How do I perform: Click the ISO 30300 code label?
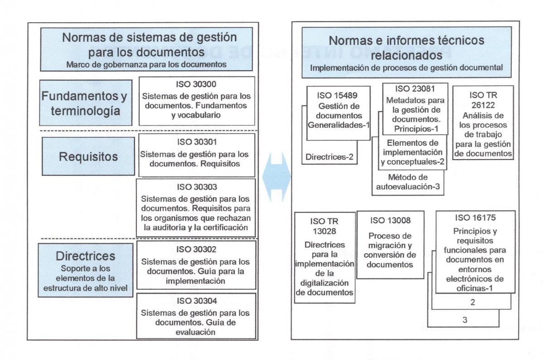(x=196, y=84)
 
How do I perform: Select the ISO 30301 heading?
(x=197, y=142)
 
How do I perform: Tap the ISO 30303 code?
(x=197, y=187)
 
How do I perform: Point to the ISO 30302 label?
(x=196, y=249)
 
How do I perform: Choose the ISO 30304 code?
(x=197, y=301)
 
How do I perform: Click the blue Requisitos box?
(x=88, y=156)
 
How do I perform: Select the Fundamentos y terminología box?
(x=86, y=103)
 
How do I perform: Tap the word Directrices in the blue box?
(x=86, y=256)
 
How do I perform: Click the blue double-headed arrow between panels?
(x=277, y=177)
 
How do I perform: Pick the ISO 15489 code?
(x=337, y=96)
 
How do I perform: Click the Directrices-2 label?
(x=329, y=157)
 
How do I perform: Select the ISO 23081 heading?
(x=415, y=89)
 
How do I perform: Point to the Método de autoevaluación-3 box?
(x=408, y=182)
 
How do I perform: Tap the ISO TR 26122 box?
(x=483, y=123)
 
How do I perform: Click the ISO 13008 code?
(x=390, y=220)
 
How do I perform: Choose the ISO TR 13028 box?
(x=325, y=258)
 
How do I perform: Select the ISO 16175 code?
(x=475, y=218)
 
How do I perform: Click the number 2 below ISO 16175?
(x=472, y=302)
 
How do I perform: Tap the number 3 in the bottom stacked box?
(x=465, y=320)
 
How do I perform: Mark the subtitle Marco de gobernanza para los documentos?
(x=146, y=65)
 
